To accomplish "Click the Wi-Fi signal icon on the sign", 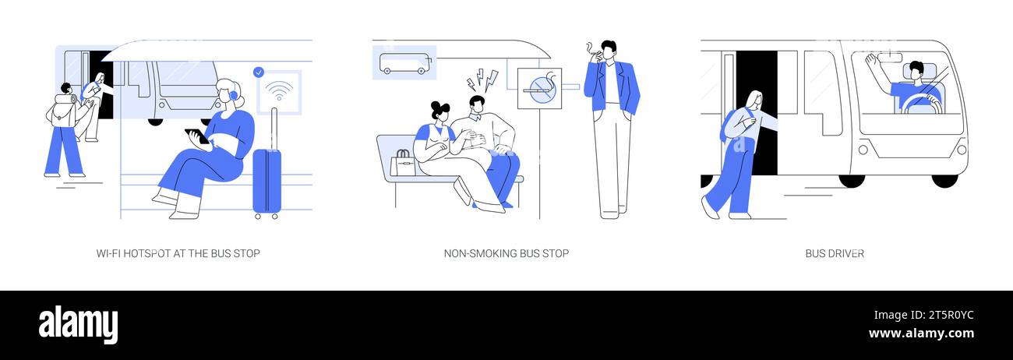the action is click(279, 91).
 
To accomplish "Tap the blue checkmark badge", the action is click(259, 72).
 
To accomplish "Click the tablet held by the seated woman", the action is click(197, 136).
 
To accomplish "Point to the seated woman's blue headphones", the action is click(233, 95).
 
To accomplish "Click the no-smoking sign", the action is click(539, 89).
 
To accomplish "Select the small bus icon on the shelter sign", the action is click(404, 63).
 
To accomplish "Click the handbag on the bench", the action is click(403, 163).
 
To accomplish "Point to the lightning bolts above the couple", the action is click(482, 80).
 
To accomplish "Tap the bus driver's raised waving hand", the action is click(870, 61).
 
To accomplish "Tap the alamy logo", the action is click(78, 324).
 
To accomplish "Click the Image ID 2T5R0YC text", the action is click(923, 315).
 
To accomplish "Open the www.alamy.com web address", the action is click(921, 334).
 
